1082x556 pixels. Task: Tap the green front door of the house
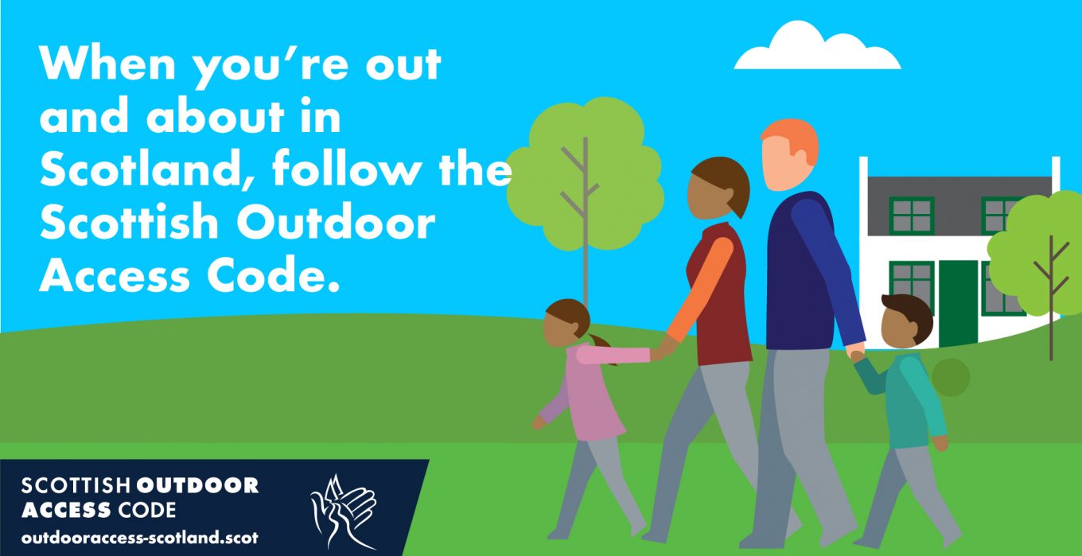958,303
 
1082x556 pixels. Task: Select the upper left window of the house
912,216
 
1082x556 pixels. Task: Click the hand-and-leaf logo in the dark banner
344,511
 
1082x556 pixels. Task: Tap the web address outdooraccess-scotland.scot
139,538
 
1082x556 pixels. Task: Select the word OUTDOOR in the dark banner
197,485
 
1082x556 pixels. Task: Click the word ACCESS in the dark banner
67,510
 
